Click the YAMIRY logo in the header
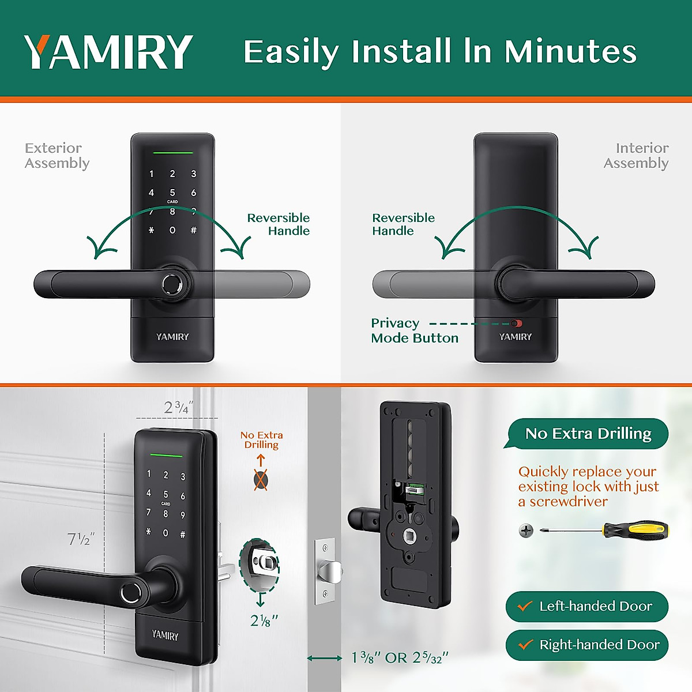pos(108,52)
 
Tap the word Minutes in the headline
pos(570,52)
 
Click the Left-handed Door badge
pos(586,606)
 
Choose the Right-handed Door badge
pos(587,645)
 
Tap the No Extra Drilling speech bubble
pos(588,434)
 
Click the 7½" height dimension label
pos(81,539)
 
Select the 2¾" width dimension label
pos(178,408)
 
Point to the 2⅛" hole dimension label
pos(264,620)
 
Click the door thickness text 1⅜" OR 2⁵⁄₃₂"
pos(400,658)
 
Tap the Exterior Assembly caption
pos(57,156)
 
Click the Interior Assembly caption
pos(636,156)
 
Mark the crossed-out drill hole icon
pos(261,480)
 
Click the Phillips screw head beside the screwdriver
pos(526,531)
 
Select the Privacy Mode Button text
pos(414,330)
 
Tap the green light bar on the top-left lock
pos(172,153)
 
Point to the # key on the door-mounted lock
pos(183,535)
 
